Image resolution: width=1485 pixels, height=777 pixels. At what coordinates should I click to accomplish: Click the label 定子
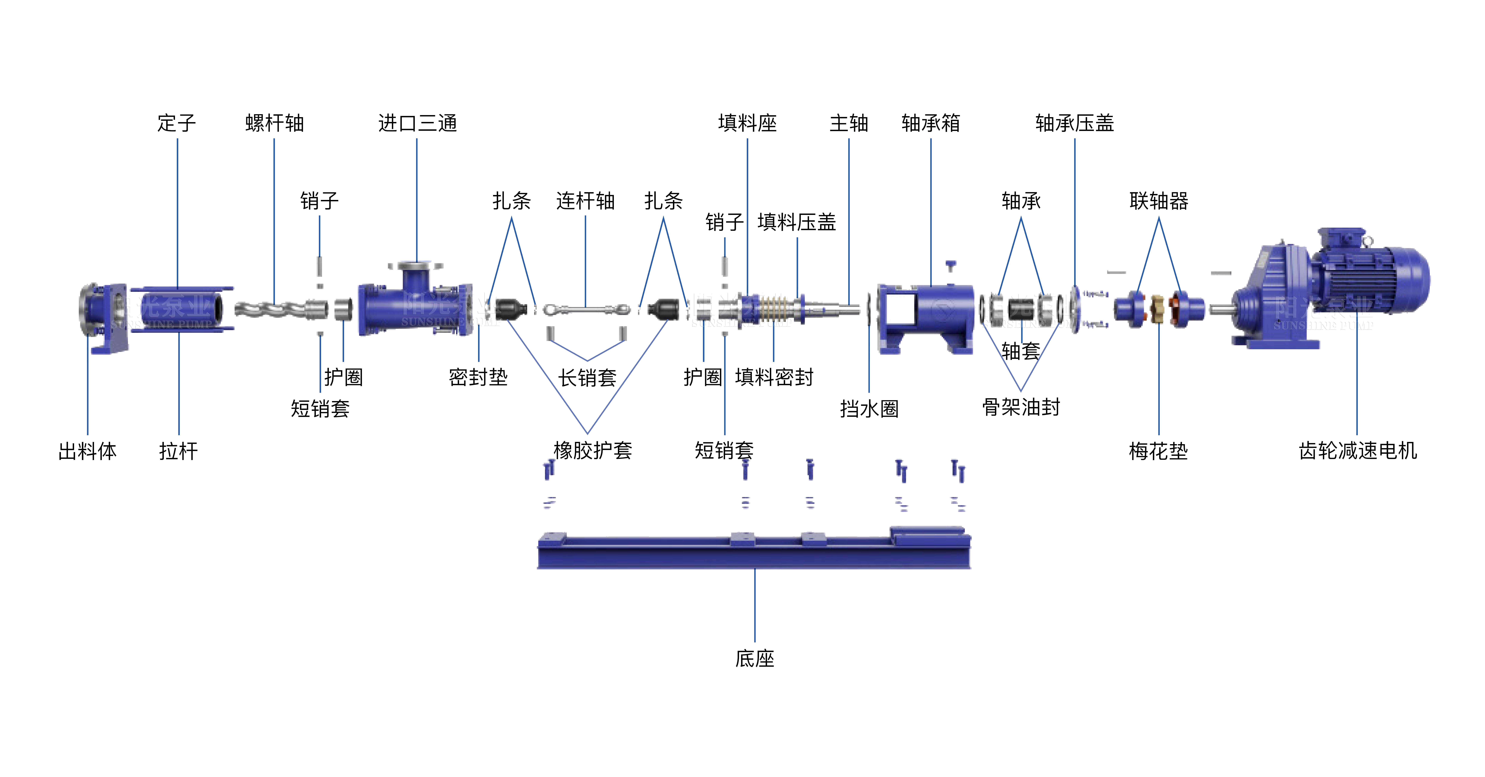tap(177, 123)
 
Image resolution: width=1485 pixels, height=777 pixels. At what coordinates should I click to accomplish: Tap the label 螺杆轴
tap(274, 123)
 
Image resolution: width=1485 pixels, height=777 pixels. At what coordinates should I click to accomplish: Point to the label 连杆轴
tap(585, 201)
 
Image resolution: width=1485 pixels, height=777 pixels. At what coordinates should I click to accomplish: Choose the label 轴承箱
tap(930, 123)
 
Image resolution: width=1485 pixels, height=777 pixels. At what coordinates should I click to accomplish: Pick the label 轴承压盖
tap(1075, 123)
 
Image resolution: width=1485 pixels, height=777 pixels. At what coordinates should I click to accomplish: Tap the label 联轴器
tap(1159, 201)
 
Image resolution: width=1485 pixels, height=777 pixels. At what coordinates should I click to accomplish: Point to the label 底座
tap(755, 658)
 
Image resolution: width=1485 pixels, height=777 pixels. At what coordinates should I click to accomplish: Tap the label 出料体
tap(88, 451)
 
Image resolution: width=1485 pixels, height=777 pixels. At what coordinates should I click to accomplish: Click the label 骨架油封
tap(1021, 407)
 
